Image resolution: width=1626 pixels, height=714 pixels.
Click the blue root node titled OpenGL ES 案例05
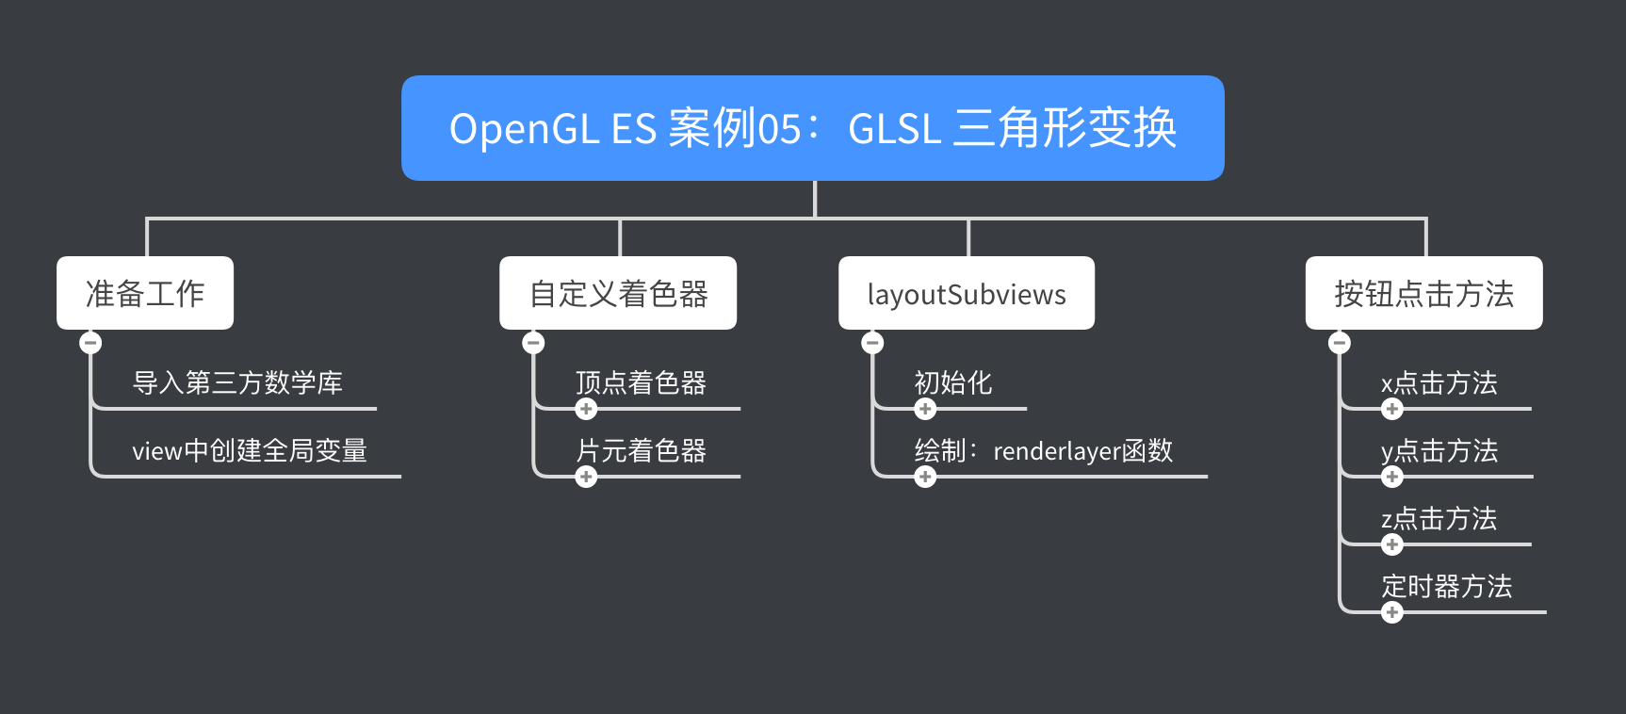(x=812, y=128)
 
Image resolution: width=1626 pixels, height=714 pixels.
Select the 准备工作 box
(x=145, y=293)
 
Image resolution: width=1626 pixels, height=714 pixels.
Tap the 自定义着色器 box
(x=618, y=293)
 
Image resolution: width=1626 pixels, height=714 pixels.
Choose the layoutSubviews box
(x=967, y=293)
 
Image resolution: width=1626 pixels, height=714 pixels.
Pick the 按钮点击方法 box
(x=1423, y=293)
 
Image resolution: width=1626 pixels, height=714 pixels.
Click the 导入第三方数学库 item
(x=237, y=383)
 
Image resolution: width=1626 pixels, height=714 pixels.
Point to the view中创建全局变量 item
(x=250, y=451)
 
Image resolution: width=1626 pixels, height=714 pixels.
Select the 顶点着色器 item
(x=641, y=383)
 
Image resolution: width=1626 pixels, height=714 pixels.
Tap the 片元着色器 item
(x=641, y=451)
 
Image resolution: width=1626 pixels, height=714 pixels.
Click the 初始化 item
(x=953, y=383)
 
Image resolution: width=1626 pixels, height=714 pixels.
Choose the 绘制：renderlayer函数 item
(x=1044, y=451)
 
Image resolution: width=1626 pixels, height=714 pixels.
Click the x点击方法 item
(x=1439, y=383)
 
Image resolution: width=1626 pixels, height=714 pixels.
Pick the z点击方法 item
(x=1439, y=519)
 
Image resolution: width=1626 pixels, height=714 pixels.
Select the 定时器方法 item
(x=1446, y=587)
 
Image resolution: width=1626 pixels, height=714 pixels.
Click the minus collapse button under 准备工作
(x=90, y=342)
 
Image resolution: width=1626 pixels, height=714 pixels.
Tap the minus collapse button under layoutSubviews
(x=872, y=342)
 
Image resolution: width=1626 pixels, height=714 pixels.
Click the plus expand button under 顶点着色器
(x=586, y=409)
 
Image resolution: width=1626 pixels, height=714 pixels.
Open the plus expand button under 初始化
(x=925, y=409)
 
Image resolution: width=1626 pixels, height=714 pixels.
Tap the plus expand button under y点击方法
(x=1392, y=477)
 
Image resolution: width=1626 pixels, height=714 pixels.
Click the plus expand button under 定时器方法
(x=1392, y=612)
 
